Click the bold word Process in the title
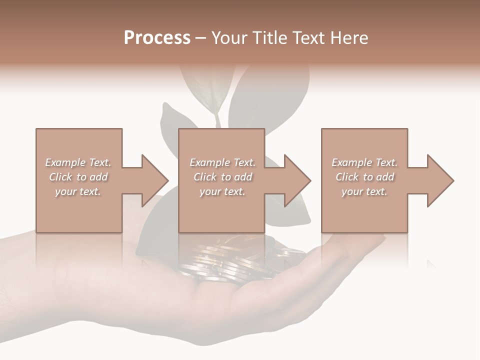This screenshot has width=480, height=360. point(157,38)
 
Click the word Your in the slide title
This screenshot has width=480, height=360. point(229,38)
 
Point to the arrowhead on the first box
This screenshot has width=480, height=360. point(155,180)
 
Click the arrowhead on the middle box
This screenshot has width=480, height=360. point(297,180)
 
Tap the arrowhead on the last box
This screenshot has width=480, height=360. point(440,180)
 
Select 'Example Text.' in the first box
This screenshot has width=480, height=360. point(78,162)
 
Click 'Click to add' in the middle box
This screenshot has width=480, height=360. point(222,177)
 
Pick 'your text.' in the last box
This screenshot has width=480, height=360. point(364,191)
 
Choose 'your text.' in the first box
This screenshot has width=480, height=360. point(78,191)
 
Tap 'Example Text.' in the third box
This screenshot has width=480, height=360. point(364,162)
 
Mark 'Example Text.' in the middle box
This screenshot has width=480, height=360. point(222,162)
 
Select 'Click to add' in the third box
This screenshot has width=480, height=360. point(364,177)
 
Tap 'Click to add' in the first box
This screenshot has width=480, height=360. point(78,177)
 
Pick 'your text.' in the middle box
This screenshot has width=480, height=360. point(222,191)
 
